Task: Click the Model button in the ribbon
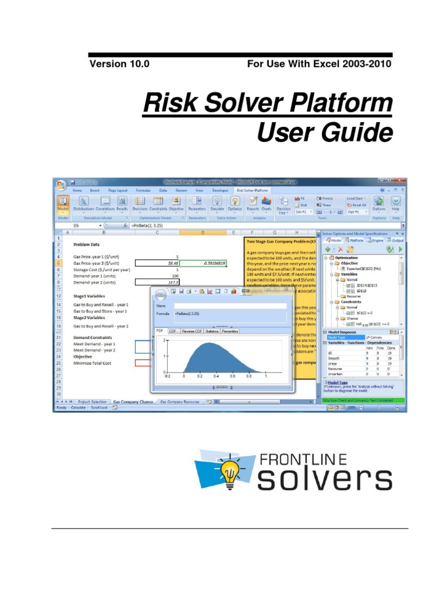coord(62,203)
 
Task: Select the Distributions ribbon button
coord(83,203)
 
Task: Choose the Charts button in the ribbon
coord(267,203)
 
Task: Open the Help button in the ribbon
coord(395,203)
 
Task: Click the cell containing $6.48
coord(157,263)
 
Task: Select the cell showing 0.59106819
coord(203,263)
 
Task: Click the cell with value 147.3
coord(157,282)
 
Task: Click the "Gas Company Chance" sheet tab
coord(132,402)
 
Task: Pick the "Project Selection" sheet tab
coord(92,402)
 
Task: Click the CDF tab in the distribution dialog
coord(173,331)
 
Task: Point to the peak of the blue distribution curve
coord(201,343)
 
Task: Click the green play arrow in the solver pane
coord(400,249)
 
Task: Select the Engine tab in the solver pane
coord(377,239)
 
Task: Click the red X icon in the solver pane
coord(340,249)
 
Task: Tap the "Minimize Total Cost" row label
coord(92,363)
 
